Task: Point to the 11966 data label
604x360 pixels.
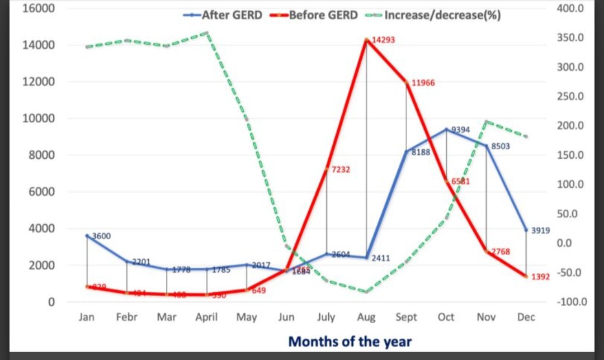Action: pos(423,83)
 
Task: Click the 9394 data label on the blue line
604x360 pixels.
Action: pos(461,130)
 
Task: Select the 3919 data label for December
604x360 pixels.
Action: pos(541,230)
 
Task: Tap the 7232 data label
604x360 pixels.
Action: pos(341,169)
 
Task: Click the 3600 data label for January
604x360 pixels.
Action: pos(101,236)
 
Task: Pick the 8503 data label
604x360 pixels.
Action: pos(500,146)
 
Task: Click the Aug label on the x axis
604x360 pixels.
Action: pos(366,318)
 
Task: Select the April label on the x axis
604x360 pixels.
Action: pos(206,318)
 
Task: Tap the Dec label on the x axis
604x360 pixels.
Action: pos(526,318)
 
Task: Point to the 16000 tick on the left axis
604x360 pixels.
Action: pos(38,9)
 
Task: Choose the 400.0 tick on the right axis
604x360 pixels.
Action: pos(570,9)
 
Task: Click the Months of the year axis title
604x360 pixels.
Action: pos(350,342)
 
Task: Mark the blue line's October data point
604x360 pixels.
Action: pos(446,129)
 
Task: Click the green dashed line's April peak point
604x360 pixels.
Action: pos(207,32)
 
